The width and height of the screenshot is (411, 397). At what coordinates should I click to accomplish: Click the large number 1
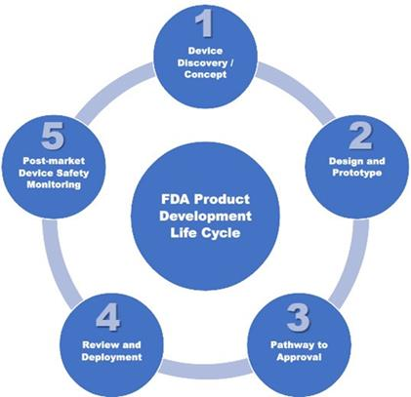[x=204, y=23]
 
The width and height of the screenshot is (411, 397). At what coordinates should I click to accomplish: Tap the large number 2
[x=360, y=137]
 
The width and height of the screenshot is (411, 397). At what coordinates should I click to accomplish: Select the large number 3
[x=298, y=317]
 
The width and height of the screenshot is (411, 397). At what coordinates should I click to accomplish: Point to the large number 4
[x=107, y=317]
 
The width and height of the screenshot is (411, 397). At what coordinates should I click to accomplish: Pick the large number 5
[x=53, y=136]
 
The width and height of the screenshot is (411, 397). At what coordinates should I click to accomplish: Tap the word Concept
[x=205, y=74]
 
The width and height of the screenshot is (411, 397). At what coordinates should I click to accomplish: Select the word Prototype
[x=356, y=173]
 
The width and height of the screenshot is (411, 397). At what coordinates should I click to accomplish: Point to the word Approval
[x=299, y=357]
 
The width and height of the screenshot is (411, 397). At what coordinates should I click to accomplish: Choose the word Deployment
[x=111, y=357]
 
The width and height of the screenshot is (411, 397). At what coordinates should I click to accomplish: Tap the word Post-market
[x=54, y=161]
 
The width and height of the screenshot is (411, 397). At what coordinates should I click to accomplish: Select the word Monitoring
[x=54, y=184]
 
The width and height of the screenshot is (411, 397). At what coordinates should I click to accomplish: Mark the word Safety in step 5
[x=73, y=173]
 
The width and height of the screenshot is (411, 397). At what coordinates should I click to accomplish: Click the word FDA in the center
[x=175, y=199]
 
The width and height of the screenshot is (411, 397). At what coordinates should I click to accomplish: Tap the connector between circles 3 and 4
[x=205, y=368]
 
